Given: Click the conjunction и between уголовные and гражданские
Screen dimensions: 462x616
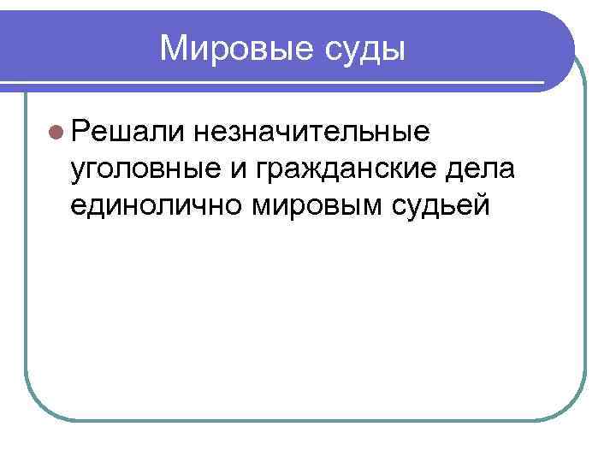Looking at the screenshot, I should pyautogui.click(x=239, y=169).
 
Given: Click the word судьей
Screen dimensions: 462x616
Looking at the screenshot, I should pyautogui.click(x=442, y=205).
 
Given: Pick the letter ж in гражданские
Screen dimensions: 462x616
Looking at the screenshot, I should pyautogui.click(x=320, y=169).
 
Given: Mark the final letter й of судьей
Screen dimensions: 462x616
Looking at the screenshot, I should pyautogui.click(x=483, y=204).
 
